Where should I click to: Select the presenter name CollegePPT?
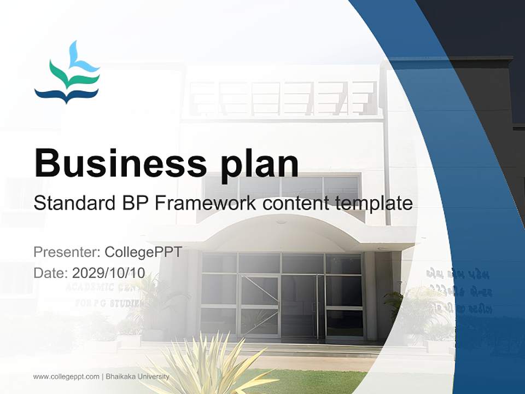(143, 252)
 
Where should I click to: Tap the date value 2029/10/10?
(109, 273)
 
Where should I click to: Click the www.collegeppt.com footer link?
(66, 376)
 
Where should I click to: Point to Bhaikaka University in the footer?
(137, 376)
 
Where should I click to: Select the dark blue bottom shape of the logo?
(66, 96)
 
